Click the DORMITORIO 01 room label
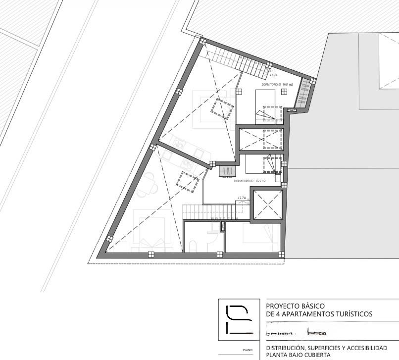tap(271, 85)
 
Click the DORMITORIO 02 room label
tap(243, 181)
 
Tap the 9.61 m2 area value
tap(287, 85)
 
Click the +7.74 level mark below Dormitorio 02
tap(242, 198)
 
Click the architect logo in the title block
tap(239, 319)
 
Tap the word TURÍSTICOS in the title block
tap(352, 314)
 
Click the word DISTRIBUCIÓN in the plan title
tap(287, 348)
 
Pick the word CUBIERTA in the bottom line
tap(316, 355)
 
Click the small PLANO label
tap(248, 350)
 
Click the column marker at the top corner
tap(201, 42)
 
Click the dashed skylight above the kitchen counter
tap(222, 108)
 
